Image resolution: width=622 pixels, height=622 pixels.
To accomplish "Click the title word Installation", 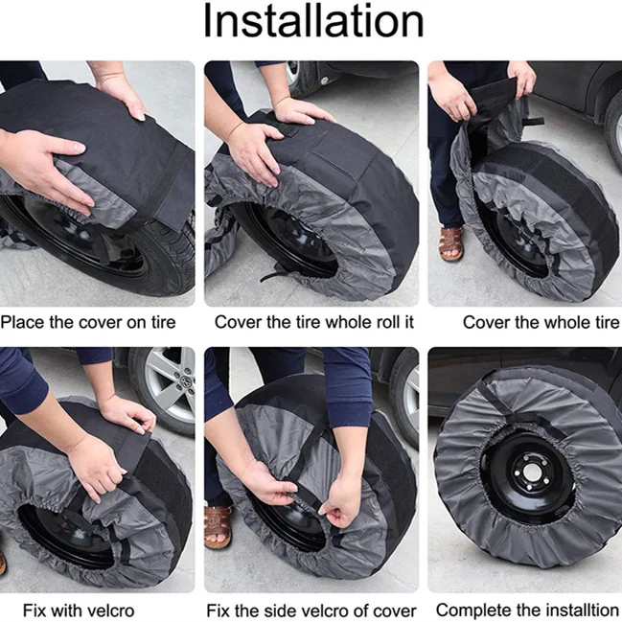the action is click(x=313, y=21).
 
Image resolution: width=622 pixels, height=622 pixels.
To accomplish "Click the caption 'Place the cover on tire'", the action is click(x=88, y=322).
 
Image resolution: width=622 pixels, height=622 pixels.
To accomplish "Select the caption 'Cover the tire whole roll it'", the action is click(x=314, y=322).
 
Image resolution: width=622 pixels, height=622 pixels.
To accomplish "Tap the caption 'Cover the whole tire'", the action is click(x=541, y=322).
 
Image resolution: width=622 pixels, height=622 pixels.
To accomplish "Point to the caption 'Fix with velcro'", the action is click(x=79, y=610).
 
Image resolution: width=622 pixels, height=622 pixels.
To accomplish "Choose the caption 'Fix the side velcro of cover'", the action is click(x=311, y=610).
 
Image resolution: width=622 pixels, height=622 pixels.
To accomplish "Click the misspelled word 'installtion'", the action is click(x=584, y=610).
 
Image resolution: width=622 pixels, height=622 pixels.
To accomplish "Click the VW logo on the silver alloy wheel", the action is click(x=184, y=380).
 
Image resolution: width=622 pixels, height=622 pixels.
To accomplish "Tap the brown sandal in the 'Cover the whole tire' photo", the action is click(x=451, y=242).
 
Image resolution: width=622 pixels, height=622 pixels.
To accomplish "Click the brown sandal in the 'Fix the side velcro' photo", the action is click(x=218, y=526).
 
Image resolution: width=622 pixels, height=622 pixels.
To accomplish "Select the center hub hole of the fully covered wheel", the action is click(x=531, y=472).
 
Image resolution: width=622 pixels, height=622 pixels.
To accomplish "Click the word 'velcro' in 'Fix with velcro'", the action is click(x=110, y=610).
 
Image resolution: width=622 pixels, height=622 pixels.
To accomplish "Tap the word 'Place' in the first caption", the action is click(x=22, y=322).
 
